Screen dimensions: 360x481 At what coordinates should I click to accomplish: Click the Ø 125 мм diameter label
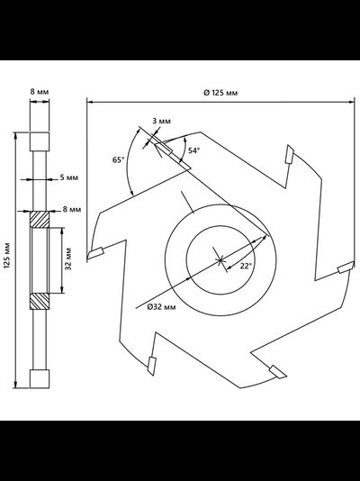point(220,93)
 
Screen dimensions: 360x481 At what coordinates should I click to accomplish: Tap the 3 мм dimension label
point(161,122)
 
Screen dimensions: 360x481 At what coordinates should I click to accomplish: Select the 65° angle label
point(119,159)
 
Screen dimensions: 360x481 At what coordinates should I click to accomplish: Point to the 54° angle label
point(193,150)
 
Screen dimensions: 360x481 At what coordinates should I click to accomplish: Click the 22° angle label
point(246,266)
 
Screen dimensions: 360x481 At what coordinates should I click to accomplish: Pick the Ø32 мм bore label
point(161,307)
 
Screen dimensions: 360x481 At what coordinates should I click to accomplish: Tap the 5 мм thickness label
point(68,177)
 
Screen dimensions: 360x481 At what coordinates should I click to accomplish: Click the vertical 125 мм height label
point(7,256)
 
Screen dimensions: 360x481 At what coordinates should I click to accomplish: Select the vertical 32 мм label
point(68,259)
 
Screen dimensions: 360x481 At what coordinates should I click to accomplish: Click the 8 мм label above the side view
point(40,92)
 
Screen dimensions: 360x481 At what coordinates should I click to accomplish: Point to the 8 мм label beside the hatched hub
point(72,209)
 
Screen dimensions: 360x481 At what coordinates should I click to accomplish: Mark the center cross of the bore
point(220,260)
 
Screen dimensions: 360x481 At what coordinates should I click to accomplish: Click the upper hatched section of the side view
point(40,220)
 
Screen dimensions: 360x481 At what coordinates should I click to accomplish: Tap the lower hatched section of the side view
point(40,301)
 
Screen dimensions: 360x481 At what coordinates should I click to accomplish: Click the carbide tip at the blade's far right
point(346,268)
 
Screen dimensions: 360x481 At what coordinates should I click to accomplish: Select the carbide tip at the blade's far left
point(96,253)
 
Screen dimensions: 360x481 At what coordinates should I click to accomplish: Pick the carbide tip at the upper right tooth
point(289,154)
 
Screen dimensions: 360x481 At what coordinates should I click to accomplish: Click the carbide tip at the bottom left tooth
point(152,366)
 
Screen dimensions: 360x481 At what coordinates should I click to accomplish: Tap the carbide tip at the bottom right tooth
point(278,372)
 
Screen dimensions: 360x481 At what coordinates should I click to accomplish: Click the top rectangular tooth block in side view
point(40,141)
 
